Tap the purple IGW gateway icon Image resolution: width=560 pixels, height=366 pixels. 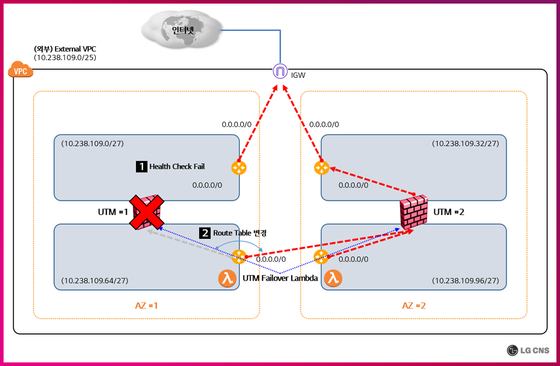tap(279, 71)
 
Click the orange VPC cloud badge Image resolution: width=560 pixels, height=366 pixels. tap(20, 71)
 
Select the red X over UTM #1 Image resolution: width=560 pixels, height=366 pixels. tap(145, 212)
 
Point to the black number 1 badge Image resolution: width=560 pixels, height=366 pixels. tap(141, 166)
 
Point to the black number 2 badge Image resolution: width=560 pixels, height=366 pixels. tap(205, 233)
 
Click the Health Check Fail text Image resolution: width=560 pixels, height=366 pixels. tap(177, 166)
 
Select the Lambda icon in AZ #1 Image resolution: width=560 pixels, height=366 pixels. tap(227, 278)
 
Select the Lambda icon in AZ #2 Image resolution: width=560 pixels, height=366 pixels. tap(333, 278)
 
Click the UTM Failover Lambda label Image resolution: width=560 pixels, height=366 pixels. tap(280, 278)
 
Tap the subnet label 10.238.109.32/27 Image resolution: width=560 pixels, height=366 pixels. tap(465, 143)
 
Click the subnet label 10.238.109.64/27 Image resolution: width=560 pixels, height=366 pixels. tap(95, 281)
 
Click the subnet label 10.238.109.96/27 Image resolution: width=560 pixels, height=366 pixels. tap(465, 281)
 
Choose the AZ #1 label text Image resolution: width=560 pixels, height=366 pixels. tap(146, 306)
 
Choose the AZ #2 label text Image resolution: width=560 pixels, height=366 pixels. tap(413, 306)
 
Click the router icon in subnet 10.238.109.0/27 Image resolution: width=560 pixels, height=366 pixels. tap(239, 167)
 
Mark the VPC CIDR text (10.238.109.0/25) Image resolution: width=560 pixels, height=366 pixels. tap(65, 57)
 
